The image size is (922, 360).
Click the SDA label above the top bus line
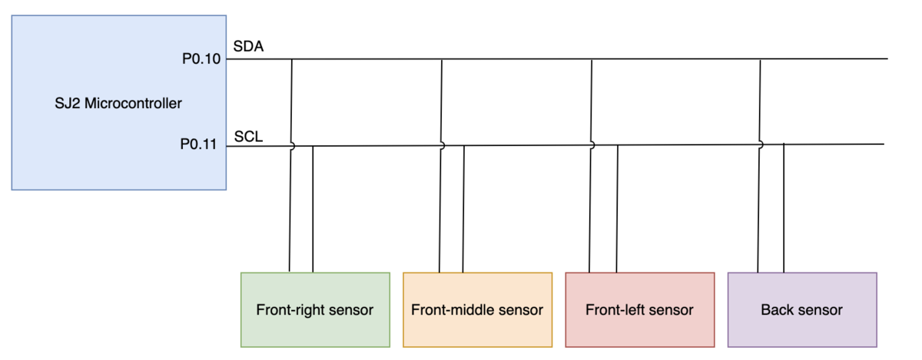[248, 46]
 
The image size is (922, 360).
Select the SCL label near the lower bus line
[248, 137]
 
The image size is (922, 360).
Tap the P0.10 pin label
[201, 59]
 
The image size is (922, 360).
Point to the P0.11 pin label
[198, 144]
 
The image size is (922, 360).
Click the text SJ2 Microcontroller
[118, 104]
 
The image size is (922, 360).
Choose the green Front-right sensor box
[315, 310]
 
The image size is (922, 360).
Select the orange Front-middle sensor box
[477, 310]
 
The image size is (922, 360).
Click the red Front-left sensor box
[640, 310]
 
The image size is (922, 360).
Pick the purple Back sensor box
[802, 310]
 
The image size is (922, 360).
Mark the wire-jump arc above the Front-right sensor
[294, 146]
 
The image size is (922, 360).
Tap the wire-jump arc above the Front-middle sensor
[444, 146]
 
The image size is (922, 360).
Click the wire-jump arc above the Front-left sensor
[593, 145]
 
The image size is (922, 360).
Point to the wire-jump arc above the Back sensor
[762, 145]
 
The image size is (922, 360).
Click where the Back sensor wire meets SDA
[760, 59]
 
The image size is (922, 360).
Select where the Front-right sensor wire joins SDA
[292, 59]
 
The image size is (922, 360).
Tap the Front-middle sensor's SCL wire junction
[464, 146]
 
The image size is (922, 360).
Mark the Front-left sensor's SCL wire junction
[618, 145]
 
